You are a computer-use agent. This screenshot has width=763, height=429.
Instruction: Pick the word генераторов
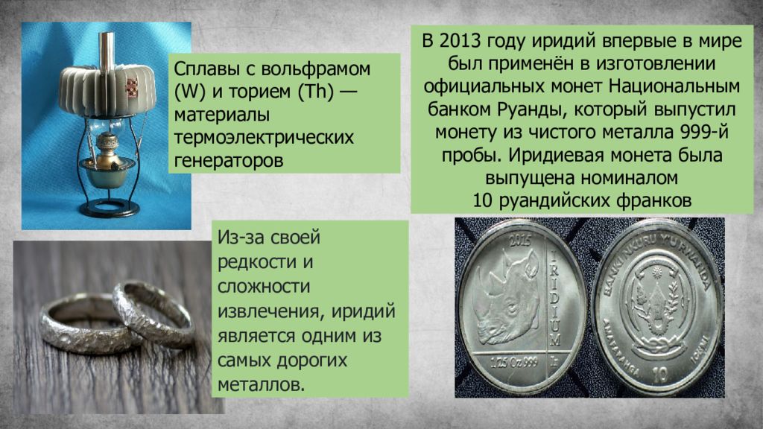228,161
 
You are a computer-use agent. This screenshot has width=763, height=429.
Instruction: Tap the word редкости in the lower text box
257,263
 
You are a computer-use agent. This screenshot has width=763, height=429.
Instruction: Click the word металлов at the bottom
261,385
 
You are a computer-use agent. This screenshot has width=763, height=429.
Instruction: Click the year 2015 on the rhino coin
519,241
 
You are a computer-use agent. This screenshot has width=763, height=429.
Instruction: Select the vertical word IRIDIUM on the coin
554,298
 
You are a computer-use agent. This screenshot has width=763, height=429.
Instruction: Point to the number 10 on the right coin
660,375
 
